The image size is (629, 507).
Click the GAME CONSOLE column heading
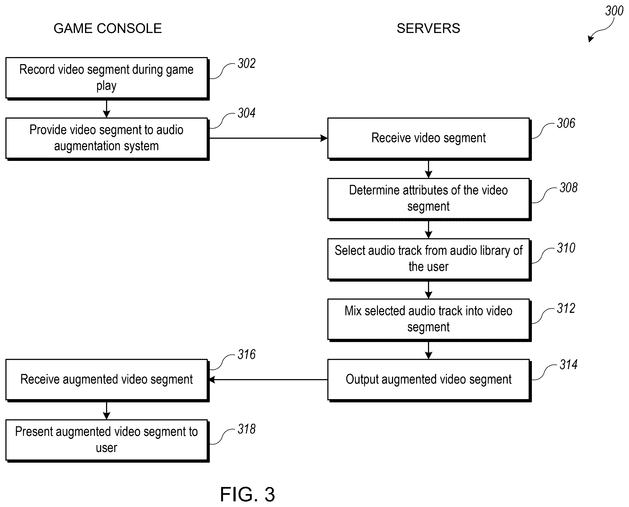tap(107, 28)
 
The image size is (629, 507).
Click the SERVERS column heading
tap(428, 28)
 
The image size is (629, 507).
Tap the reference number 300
tap(614, 11)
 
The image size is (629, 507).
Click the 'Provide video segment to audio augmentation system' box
tap(107, 139)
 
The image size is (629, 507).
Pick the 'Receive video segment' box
tap(429, 139)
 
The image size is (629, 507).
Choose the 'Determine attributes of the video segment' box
tap(429, 199)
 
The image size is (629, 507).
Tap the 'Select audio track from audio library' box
tap(429, 260)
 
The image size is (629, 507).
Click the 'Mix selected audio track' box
tap(429, 320)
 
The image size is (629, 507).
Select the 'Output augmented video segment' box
tap(429, 380)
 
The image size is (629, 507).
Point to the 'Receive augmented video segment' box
tap(107, 380)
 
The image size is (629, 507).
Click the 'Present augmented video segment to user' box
tap(107, 441)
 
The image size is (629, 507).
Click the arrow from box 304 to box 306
tap(268, 138)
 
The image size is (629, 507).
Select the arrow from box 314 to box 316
tap(268, 380)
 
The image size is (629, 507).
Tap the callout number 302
tap(246, 63)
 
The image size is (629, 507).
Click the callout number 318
tap(246, 429)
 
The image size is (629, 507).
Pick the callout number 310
tap(566, 248)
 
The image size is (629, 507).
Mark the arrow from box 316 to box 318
tap(107, 411)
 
